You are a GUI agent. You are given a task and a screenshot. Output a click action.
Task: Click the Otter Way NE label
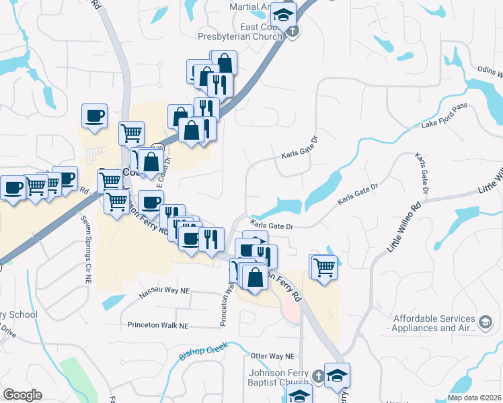pos(272,356)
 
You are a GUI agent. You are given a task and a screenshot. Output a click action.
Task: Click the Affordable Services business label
pos(430,323)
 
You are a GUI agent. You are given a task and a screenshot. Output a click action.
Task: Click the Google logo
pos(22,395)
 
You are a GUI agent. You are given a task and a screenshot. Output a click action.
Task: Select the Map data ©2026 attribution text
pos(475,398)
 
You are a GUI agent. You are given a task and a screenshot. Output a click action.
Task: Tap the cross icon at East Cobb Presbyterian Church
pos(292,31)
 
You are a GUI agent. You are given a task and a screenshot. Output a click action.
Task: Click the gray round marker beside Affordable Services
pos(485,323)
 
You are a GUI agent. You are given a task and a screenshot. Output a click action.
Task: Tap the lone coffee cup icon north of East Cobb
pos(94,116)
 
